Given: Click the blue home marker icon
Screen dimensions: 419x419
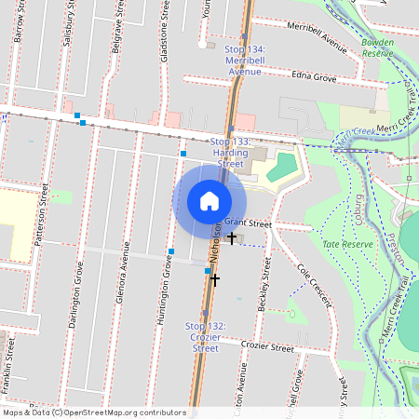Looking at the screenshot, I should [x=209, y=201].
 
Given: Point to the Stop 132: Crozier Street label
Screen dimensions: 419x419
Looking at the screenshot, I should [x=206, y=336].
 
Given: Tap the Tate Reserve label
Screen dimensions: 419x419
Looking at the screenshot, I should [x=347, y=243].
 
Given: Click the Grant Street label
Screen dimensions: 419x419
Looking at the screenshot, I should [x=247, y=223].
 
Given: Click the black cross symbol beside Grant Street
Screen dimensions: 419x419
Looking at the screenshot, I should [x=231, y=238].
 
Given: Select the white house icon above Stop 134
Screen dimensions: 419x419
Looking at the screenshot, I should [x=202, y=44].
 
